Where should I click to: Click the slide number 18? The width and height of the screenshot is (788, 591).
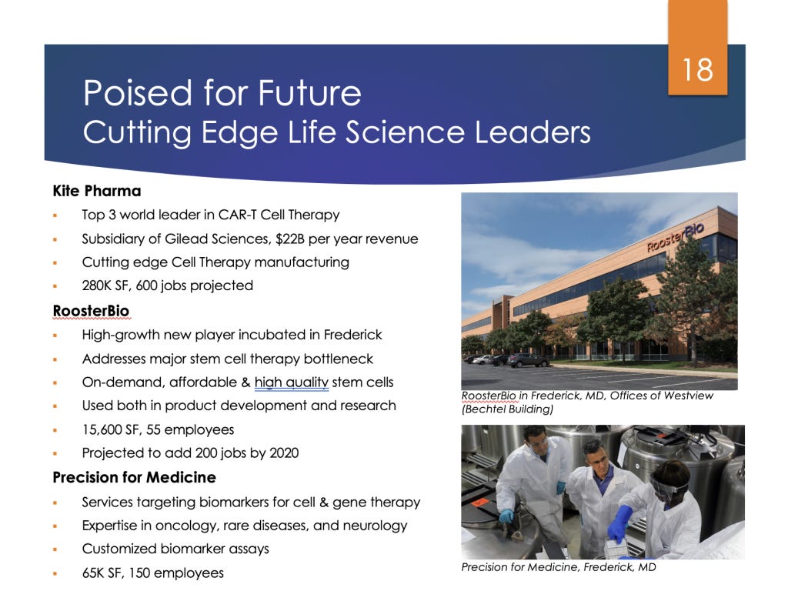click(x=697, y=69)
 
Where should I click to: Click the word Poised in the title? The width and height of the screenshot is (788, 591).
click(x=139, y=93)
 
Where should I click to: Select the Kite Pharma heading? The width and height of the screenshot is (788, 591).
click(x=97, y=191)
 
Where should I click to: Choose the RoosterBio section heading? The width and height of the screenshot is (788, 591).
click(x=91, y=311)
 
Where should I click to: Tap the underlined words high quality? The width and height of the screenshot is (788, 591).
click(x=292, y=382)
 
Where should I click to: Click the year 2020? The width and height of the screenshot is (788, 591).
click(x=284, y=452)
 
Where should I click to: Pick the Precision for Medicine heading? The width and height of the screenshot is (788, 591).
click(x=134, y=477)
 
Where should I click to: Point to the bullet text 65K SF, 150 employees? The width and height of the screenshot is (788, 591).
click(x=153, y=573)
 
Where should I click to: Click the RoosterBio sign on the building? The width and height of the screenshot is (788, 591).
click(x=676, y=237)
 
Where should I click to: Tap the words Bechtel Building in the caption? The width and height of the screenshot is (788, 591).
click(x=508, y=409)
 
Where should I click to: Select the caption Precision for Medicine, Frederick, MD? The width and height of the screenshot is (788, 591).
click(x=559, y=567)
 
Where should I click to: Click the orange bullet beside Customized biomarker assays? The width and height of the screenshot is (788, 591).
click(x=55, y=549)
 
